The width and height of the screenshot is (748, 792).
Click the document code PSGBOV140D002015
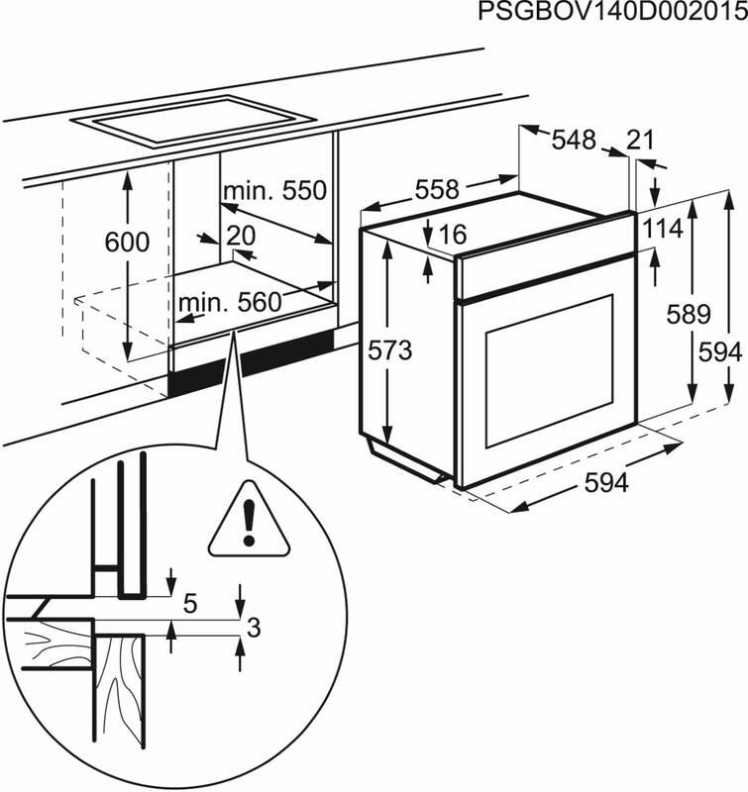coord(612,13)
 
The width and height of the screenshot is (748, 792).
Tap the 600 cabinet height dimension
coord(127,243)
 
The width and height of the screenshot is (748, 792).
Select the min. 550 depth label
coord(273,190)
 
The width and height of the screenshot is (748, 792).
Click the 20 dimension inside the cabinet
coord(241,236)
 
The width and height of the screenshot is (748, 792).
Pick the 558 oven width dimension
coord(436,189)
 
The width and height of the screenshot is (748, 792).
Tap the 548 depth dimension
coord(574,141)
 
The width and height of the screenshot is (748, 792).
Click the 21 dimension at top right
coord(641,141)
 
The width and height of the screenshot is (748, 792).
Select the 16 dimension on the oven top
coord(451,235)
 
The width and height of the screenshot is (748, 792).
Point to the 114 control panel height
coord(661,230)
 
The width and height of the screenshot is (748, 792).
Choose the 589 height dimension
coord(689,315)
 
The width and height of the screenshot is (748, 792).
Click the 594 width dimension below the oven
coord(606,483)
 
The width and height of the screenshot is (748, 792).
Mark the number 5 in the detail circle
coord(191,601)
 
